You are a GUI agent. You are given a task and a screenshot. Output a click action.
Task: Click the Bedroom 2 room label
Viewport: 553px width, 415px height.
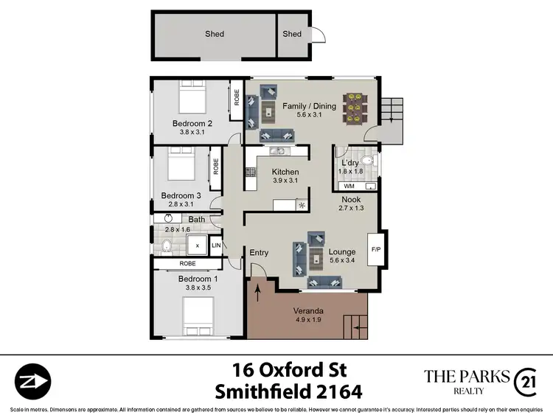(192, 123)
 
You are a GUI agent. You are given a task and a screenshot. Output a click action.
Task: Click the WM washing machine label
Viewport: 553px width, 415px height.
(349, 186)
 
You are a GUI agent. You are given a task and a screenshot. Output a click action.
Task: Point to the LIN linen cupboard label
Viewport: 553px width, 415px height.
(217, 245)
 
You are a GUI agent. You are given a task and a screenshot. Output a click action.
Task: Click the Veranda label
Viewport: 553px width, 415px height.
(307, 310)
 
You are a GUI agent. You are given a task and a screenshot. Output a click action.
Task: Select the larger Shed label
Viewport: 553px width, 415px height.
(214, 34)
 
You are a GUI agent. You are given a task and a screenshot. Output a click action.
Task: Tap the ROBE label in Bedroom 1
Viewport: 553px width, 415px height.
(187, 263)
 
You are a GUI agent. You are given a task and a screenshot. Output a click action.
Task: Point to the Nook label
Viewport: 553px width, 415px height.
(350, 200)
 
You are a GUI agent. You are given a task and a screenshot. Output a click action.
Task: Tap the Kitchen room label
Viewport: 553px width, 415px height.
(265, 172)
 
